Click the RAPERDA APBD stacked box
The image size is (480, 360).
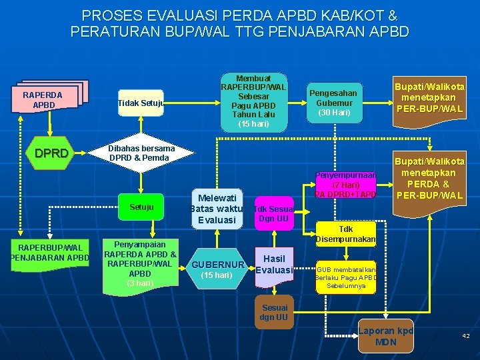click(x=45, y=99)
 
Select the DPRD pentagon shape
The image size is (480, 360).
click(x=52, y=153)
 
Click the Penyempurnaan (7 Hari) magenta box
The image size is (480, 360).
click(x=346, y=183)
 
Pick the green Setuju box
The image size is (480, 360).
click(x=141, y=207)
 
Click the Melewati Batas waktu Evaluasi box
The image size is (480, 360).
click(x=216, y=208)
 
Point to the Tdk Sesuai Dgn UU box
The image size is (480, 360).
click(x=273, y=213)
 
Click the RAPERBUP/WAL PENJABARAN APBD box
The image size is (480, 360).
click(x=50, y=253)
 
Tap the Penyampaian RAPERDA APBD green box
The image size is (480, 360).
click(x=140, y=263)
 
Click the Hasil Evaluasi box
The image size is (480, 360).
click(x=274, y=265)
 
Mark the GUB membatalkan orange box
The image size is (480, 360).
click(x=346, y=274)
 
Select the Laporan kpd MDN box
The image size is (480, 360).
click(x=386, y=337)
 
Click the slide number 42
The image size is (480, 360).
click(x=466, y=336)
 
